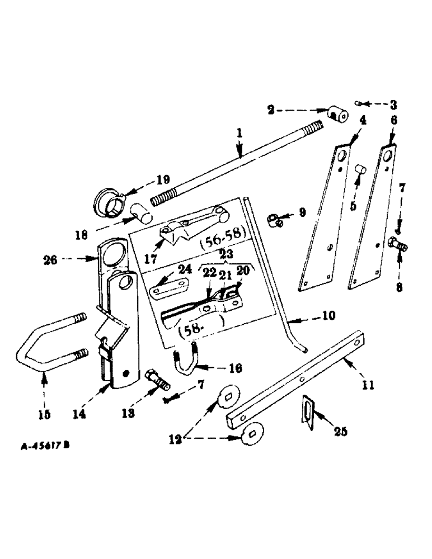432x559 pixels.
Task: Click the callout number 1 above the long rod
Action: [239, 135]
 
